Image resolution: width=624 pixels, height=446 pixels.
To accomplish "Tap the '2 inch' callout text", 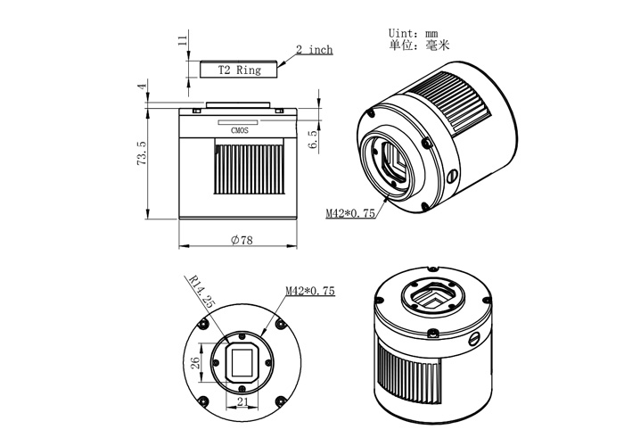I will click(314, 50).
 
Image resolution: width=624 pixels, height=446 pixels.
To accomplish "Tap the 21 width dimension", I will click(242, 402).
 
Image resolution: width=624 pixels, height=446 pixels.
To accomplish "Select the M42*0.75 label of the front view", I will click(309, 291).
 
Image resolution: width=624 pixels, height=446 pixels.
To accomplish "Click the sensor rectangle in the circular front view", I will click(242, 361).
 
